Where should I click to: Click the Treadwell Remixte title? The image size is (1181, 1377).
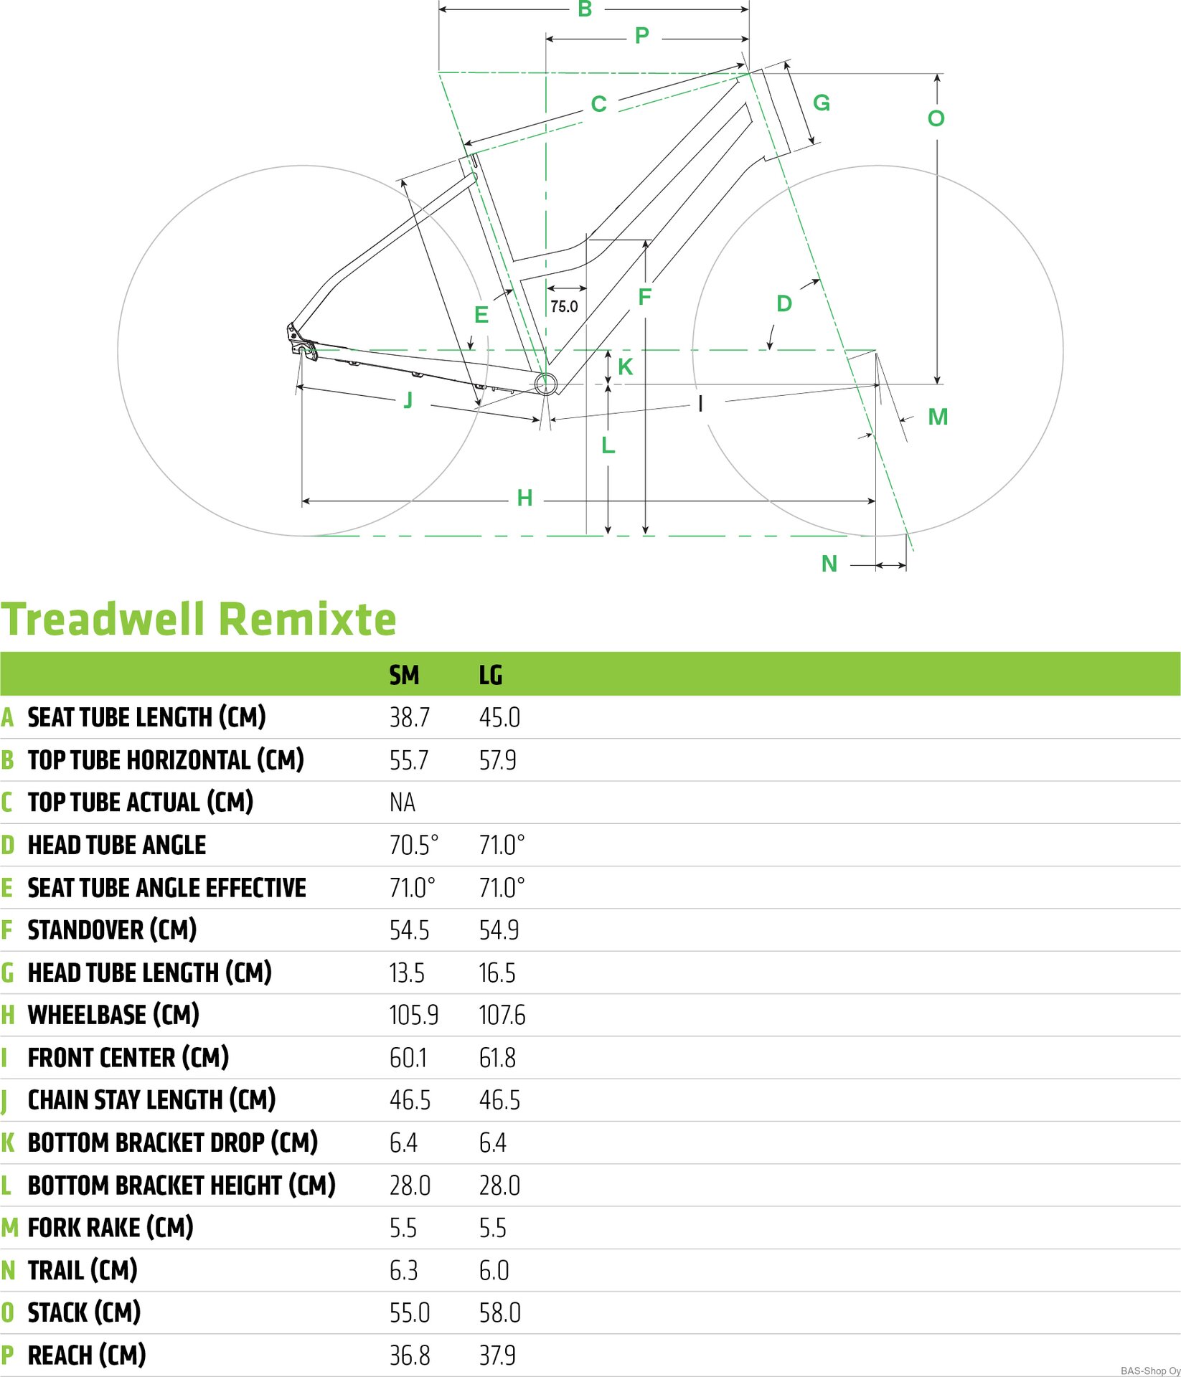199,619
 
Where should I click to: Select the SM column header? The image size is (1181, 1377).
404,675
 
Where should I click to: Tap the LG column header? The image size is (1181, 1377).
491,675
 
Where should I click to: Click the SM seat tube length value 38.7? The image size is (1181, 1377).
409,717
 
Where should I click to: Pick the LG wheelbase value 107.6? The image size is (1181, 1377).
502,1015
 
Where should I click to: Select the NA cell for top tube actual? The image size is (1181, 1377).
403,803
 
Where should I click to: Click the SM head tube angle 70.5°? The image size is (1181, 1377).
413,845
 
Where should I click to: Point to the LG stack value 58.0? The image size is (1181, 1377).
500,1312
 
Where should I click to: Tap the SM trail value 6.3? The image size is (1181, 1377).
403,1270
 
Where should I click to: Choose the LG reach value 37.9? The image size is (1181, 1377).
497,1355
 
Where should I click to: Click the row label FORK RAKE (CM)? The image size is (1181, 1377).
110,1228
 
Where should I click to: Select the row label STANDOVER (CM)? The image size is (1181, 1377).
112,930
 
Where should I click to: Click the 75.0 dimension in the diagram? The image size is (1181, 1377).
564,307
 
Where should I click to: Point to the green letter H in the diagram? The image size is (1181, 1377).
524,498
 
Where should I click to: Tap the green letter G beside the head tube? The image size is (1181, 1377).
822,103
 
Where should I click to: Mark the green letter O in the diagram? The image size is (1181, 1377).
936,118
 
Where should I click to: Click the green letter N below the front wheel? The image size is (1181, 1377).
829,564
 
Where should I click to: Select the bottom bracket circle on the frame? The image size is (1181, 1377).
546,383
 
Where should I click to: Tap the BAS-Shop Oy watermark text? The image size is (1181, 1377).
1150,1371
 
